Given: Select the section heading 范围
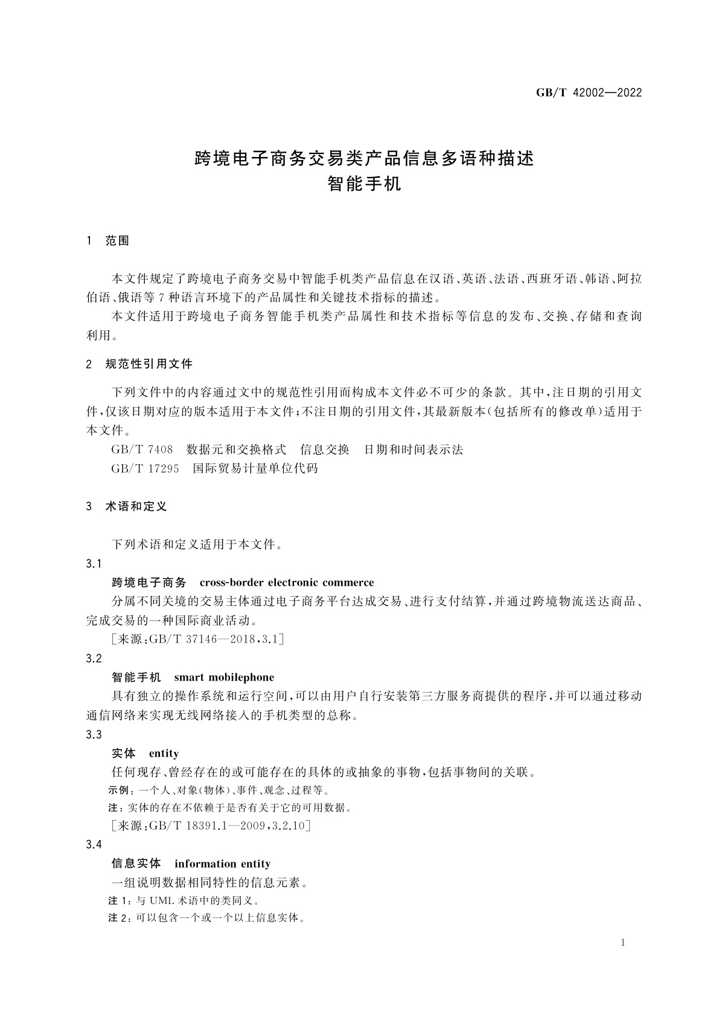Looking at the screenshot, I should (117, 241).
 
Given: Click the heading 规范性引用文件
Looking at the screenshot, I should (149, 364).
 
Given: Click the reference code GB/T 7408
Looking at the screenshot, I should (142, 450).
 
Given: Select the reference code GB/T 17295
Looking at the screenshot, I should (145, 469).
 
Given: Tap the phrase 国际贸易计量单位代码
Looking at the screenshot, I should (255, 469).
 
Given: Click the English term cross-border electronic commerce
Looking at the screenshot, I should (286, 583).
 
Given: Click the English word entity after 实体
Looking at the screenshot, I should (164, 754).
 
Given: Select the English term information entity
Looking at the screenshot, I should (222, 864).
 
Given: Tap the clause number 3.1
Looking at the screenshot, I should (94, 564).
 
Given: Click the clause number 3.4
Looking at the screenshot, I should (94, 845).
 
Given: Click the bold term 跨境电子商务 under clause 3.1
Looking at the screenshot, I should (149, 583).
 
